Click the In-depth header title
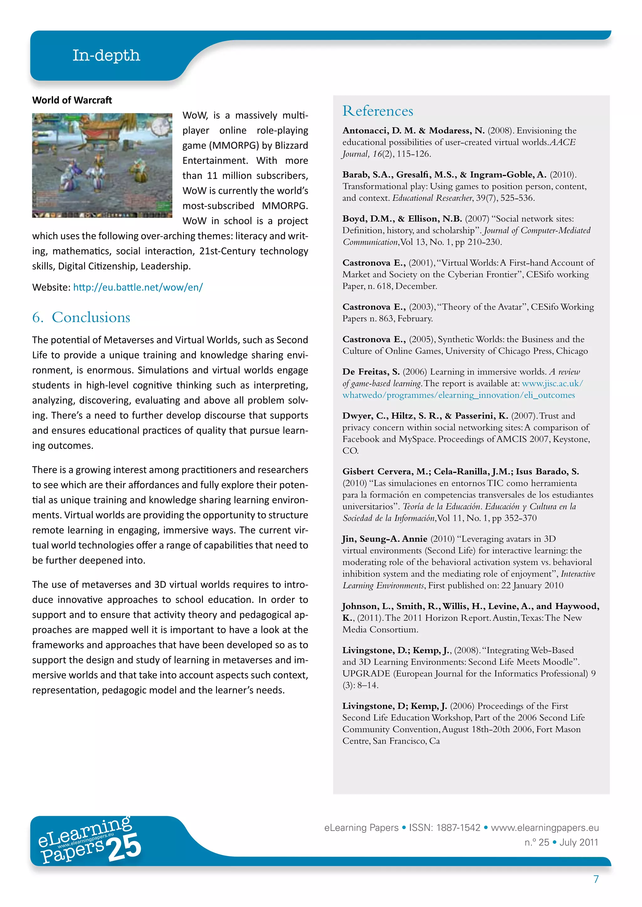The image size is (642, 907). [x=106, y=55]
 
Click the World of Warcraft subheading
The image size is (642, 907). [x=72, y=100]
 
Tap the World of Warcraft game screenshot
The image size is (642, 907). [x=102, y=165]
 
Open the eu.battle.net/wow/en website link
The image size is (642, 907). [x=138, y=287]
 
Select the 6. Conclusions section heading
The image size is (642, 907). [x=81, y=317]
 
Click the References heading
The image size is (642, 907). [x=377, y=111]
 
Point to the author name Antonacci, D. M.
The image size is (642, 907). [x=379, y=131]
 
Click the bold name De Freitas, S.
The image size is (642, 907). [x=371, y=372]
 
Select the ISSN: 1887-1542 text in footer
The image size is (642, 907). [x=444, y=827]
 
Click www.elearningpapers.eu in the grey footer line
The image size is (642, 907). [x=545, y=827]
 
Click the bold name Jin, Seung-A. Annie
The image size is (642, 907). [x=384, y=539]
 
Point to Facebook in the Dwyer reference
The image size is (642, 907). [x=360, y=439]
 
